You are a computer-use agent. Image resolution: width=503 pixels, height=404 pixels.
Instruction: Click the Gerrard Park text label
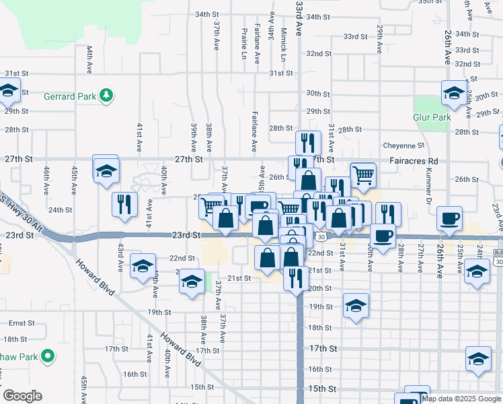pyautogui.click(x=69, y=96)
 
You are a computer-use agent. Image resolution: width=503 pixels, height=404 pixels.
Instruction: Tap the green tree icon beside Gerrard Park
pyautogui.click(x=106, y=96)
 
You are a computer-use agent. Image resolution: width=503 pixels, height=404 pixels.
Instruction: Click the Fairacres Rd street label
pyautogui.click(x=414, y=162)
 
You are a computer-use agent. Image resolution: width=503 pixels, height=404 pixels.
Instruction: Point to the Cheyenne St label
pyautogui.click(x=404, y=145)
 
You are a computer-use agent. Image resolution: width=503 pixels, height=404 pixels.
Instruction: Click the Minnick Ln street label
pyautogui.click(x=284, y=44)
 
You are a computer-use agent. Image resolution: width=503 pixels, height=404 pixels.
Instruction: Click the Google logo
pyautogui.click(x=22, y=396)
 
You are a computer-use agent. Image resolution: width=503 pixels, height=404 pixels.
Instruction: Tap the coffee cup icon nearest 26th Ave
pyautogui.click(x=449, y=218)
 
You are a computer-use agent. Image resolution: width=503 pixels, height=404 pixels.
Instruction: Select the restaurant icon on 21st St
pyautogui.click(x=295, y=277)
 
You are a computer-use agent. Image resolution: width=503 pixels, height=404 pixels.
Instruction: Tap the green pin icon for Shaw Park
pyautogui.click(x=48, y=355)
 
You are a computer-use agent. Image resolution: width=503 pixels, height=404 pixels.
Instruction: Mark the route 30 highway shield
pyautogui.click(x=321, y=236)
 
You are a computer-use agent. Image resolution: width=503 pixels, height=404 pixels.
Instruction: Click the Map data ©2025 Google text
pyautogui.click(x=461, y=399)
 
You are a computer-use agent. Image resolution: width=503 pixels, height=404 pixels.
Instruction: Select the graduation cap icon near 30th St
pyautogui.click(x=453, y=93)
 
